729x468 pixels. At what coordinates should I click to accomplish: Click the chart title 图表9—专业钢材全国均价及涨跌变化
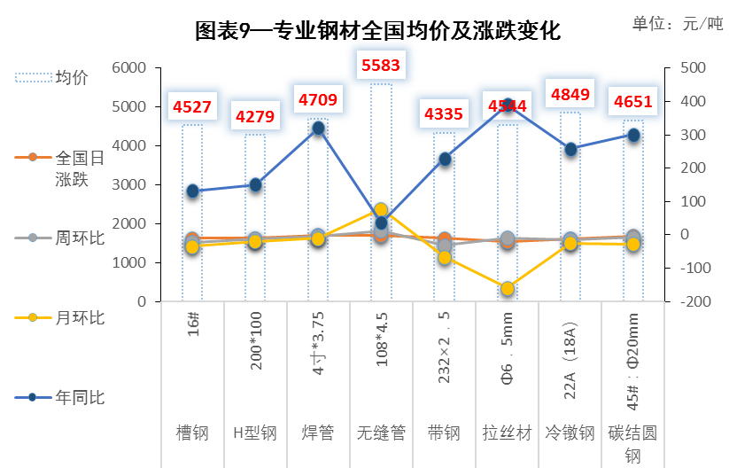coord(377,31)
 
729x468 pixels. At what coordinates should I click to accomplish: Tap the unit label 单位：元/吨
coord(678,23)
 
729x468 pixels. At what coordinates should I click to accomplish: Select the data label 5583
coord(381,65)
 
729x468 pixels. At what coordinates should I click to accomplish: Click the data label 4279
coord(255,116)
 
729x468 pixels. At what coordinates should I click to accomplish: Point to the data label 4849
coord(570,95)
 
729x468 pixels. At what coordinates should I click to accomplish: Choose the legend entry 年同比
coord(59,397)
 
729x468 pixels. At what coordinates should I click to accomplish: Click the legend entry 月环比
coord(59,317)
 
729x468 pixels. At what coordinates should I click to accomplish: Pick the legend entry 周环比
coord(59,238)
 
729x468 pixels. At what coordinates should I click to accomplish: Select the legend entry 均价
coord(51,77)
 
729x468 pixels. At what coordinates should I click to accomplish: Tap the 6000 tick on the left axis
coord(128,68)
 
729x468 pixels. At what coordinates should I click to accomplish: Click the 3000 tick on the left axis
coord(128,184)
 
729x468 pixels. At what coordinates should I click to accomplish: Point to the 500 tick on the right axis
coord(694,68)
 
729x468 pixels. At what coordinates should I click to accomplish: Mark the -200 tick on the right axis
coord(695,301)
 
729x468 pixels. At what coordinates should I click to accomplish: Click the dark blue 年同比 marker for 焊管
coord(319,129)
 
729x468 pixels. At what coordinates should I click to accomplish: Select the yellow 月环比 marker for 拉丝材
coord(508,288)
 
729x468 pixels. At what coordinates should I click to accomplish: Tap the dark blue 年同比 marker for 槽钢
coord(192,191)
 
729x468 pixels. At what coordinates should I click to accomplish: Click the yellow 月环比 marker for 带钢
coord(445,257)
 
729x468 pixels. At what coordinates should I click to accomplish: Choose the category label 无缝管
coord(381,433)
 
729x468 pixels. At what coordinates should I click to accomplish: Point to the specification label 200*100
coord(256,341)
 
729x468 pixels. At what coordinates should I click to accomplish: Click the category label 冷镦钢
coord(570,433)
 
